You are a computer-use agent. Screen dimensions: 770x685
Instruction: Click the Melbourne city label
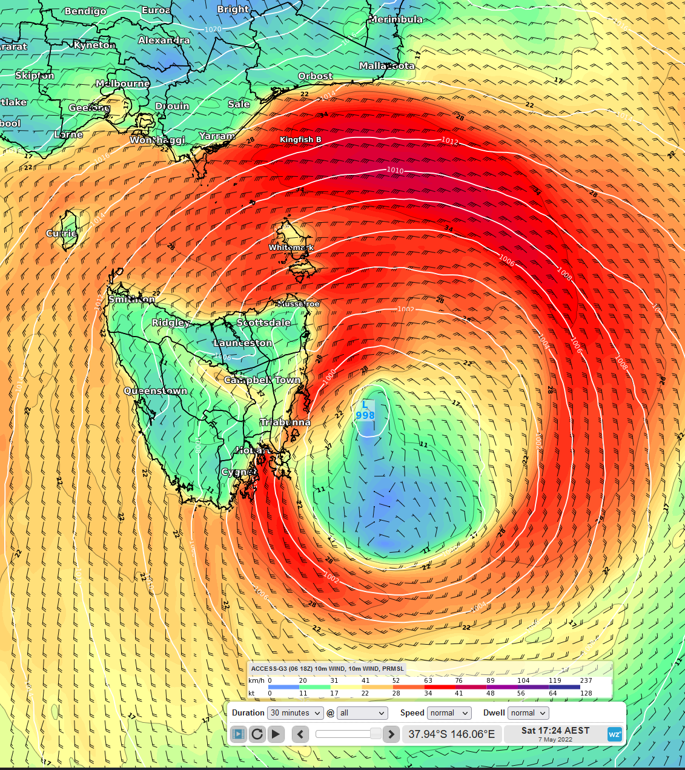click(x=122, y=84)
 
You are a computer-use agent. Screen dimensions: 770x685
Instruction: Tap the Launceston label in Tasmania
click(x=243, y=343)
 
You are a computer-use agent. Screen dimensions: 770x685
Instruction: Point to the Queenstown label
click(x=156, y=391)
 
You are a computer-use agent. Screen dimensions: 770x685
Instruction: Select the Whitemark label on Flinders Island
click(x=291, y=247)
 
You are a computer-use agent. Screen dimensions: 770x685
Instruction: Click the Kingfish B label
click(x=300, y=140)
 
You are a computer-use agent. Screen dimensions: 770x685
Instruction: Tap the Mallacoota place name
click(x=387, y=65)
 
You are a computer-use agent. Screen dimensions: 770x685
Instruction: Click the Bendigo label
click(x=85, y=11)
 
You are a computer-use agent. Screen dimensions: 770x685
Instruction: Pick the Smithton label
click(x=131, y=299)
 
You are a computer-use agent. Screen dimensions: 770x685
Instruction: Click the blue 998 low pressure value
click(x=365, y=415)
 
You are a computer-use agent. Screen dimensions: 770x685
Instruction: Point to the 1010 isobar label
click(x=395, y=170)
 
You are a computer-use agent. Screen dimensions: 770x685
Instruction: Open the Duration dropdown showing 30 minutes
click(x=296, y=713)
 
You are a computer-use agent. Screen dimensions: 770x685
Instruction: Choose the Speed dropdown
click(x=449, y=713)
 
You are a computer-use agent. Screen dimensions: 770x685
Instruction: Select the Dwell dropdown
click(x=528, y=713)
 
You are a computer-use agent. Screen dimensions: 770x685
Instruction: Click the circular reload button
click(x=257, y=734)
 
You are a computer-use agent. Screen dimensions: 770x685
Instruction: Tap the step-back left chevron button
click(x=300, y=734)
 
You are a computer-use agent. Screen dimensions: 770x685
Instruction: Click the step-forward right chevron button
click(x=391, y=734)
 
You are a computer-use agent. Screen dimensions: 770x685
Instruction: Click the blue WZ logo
click(x=615, y=734)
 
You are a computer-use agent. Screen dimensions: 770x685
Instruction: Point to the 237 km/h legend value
click(x=586, y=680)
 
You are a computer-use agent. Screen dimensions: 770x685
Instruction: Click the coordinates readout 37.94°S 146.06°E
click(x=451, y=734)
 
